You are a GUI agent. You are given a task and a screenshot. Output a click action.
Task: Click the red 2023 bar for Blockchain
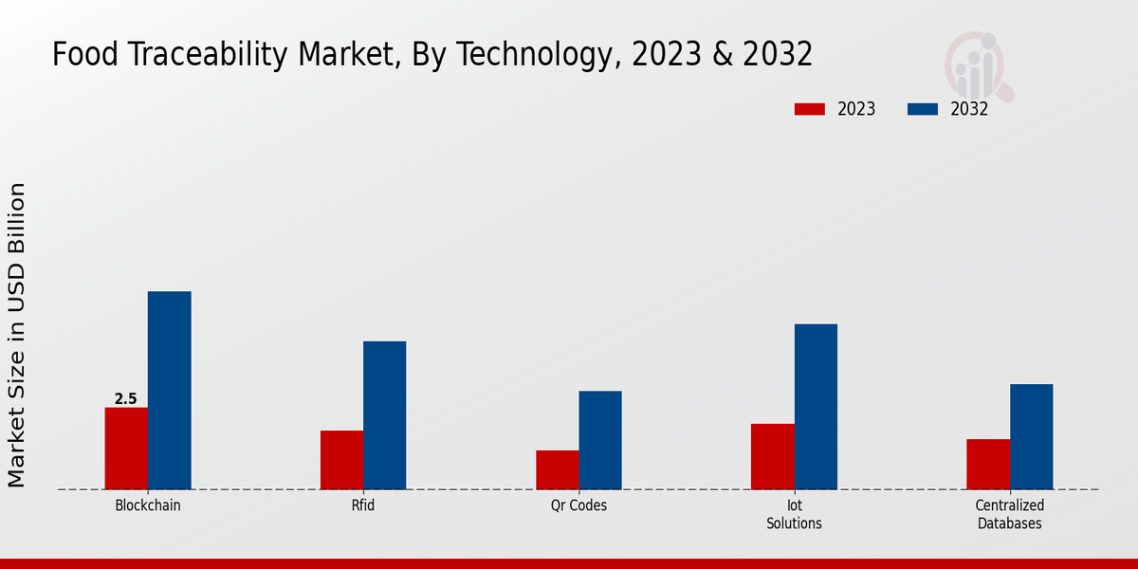[x=126, y=449]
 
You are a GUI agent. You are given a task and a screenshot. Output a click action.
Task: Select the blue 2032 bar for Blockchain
[x=170, y=391]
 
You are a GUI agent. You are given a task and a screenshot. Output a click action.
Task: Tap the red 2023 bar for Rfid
[x=341, y=460]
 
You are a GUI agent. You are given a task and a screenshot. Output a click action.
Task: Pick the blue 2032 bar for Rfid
[x=385, y=415]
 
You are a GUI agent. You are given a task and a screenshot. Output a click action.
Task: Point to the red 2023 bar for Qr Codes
[x=558, y=470]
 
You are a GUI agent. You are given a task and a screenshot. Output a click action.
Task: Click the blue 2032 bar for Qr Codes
[x=600, y=440]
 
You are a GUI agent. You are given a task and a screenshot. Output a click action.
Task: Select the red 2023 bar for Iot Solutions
[x=773, y=456]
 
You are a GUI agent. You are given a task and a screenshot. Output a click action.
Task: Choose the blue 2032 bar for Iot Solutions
[x=816, y=407]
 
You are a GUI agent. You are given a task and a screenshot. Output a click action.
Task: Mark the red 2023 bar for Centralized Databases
[x=988, y=465]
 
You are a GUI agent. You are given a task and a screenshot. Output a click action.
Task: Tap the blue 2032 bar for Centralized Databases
[x=1031, y=437]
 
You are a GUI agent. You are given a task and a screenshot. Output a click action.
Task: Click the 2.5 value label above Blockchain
[x=126, y=399]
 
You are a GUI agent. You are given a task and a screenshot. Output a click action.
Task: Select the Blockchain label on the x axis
[x=148, y=505]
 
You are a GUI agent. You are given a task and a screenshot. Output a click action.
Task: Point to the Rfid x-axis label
[x=363, y=505]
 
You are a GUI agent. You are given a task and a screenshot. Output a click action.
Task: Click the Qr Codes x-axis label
[x=578, y=505]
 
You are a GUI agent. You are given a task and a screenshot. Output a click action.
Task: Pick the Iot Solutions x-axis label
[x=795, y=514]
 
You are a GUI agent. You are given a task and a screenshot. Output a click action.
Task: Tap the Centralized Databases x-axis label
[x=1010, y=514]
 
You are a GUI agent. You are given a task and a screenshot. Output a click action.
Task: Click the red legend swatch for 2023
[x=810, y=109]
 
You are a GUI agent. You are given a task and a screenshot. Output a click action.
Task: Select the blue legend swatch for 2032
[x=923, y=109]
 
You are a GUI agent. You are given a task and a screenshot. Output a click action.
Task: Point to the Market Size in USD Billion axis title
[x=17, y=336]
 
